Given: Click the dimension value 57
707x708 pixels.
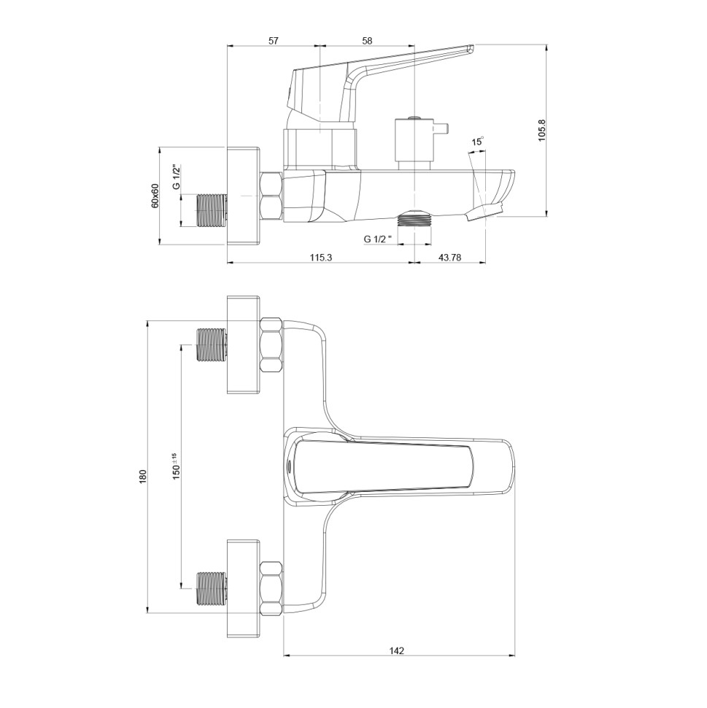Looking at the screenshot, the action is coord(273,41).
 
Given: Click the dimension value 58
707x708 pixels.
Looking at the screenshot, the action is coord(367,41).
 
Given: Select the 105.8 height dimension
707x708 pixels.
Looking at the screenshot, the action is coord(542,131).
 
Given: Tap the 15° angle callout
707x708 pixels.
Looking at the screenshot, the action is coord(478,142).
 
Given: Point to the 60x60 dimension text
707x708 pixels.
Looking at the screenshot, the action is coord(155,196).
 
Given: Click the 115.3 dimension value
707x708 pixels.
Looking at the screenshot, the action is coord(320,258).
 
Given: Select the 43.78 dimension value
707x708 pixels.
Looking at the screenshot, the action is coord(449,258).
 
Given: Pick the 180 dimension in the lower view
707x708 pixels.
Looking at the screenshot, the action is coord(143,477).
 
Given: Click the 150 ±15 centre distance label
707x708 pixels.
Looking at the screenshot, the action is coord(176,466).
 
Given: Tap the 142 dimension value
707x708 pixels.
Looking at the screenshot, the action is coord(396,650).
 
